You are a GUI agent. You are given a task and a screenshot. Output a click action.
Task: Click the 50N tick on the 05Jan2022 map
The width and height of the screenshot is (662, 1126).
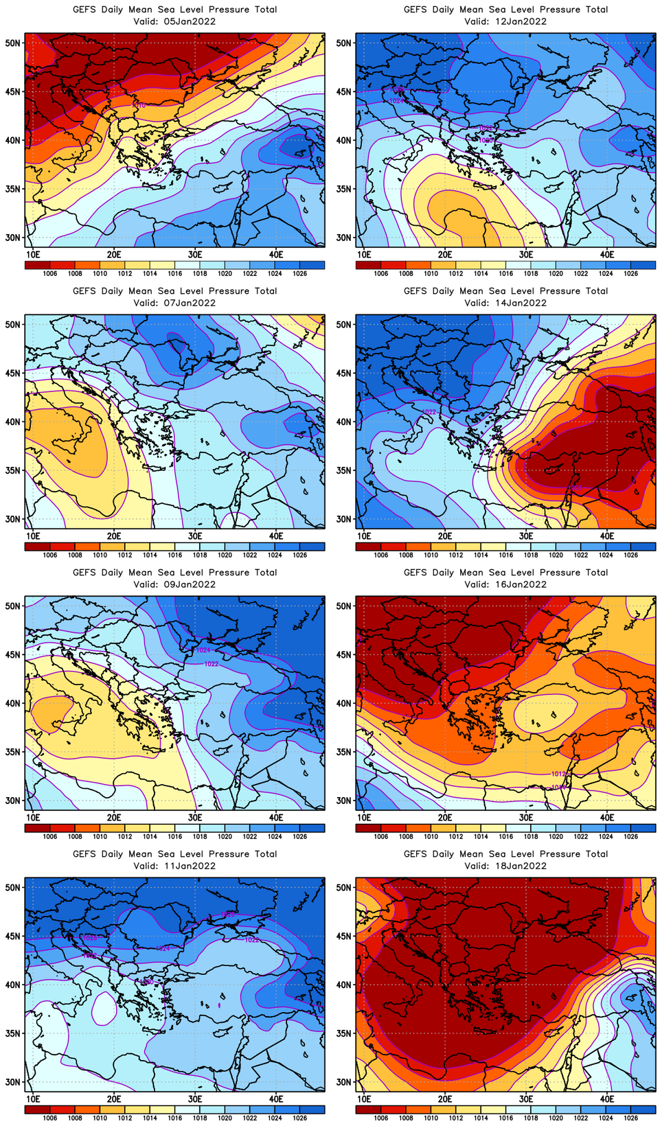click(14, 43)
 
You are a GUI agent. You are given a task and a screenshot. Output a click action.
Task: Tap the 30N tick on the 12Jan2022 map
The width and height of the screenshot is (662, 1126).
click(345, 238)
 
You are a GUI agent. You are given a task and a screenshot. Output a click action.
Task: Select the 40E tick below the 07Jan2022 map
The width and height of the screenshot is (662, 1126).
click(276, 536)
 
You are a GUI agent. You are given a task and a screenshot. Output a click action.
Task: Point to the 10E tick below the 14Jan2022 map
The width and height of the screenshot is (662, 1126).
click(364, 536)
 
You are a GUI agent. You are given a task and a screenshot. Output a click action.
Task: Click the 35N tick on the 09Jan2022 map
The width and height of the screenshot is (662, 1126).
click(14, 752)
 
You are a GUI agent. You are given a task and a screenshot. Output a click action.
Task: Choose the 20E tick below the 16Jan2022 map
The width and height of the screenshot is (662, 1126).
click(445, 817)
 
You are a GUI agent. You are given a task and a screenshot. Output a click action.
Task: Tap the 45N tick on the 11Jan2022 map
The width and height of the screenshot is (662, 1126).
click(14, 936)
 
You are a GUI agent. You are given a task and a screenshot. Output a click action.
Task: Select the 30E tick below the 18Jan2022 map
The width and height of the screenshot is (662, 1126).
click(526, 1099)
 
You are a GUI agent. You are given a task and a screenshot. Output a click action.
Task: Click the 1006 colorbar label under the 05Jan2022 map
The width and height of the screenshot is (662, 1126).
click(50, 273)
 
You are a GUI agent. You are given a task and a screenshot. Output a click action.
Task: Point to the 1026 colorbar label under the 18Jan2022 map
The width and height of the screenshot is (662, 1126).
click(630, 1118)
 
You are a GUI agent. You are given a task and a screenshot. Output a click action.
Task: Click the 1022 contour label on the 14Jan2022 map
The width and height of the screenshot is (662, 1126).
click(429, 412)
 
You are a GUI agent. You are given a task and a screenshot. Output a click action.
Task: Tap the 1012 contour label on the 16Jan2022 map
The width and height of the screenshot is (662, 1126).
click(558, 774)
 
